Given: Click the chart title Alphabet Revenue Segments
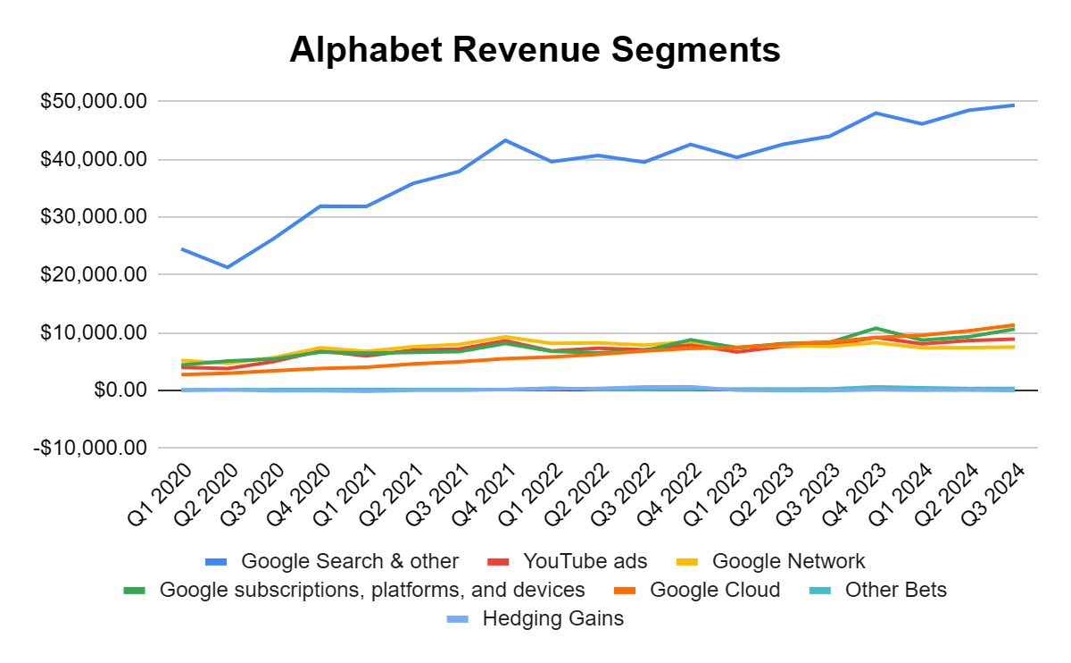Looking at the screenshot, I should pos(535,50).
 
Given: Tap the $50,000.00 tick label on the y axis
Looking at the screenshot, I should pos(93,102).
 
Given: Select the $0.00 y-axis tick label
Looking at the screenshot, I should pos(115,390).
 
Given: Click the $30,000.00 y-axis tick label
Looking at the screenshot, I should pos(93,217).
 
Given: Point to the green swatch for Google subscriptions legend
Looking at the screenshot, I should pos(135,590).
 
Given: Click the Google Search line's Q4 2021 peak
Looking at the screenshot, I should pos(505,140).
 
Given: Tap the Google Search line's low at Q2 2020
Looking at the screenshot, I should pos(228,267).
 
